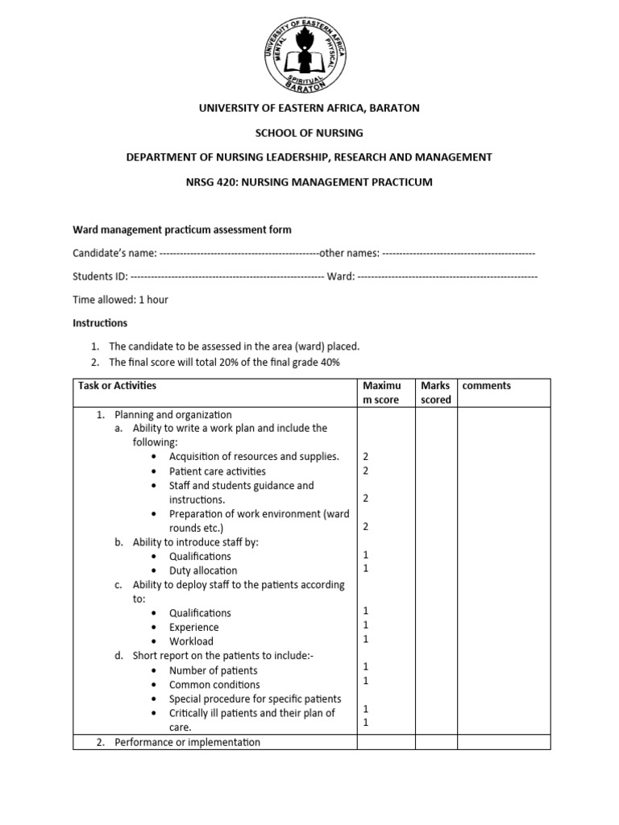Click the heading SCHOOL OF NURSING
click(309, 132)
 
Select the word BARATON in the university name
click(392, 107)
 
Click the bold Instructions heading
click(100, 323)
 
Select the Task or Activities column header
click(117, 386)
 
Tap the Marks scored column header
click(435, 392)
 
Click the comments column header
click(486, 386)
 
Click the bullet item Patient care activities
click(217, 471)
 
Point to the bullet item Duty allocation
click(203, 570)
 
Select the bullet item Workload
click(191, 641)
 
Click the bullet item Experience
click(193, 627)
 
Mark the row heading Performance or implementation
click(187, 742)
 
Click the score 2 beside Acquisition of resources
click(366, 457)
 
